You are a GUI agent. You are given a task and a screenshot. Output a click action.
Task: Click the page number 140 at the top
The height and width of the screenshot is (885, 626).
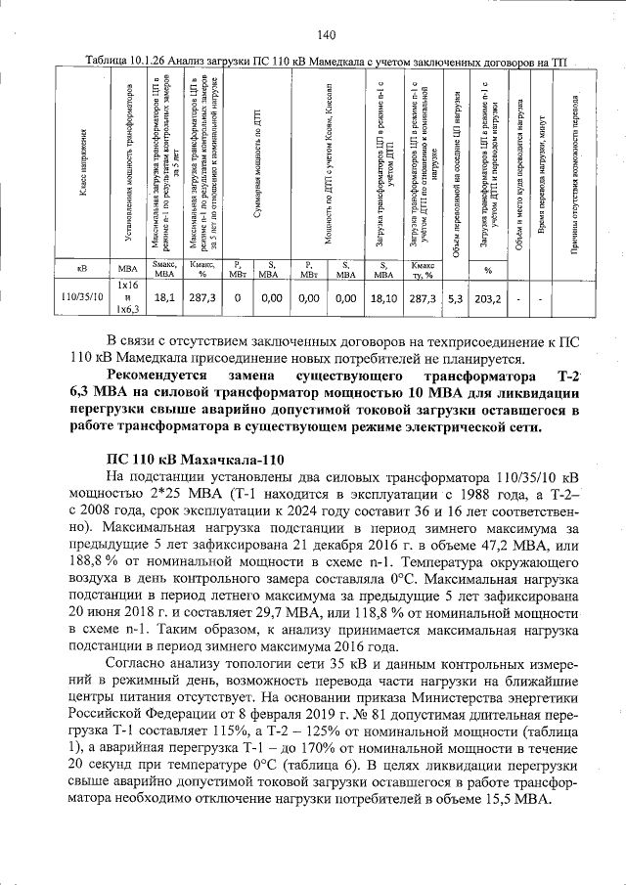coord(326,36)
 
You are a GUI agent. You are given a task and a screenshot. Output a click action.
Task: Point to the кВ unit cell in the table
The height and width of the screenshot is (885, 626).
coord(81,268)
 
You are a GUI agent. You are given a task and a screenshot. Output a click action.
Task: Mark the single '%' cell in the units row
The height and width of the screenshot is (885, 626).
coord(488,269)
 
